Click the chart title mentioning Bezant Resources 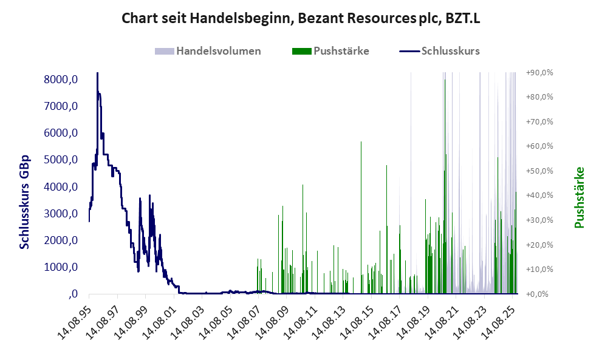301,18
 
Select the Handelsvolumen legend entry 218,51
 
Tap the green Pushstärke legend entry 341,51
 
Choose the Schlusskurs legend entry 450,51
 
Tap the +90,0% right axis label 539,72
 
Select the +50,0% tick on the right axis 539,171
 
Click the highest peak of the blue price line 97,74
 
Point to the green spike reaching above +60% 361,143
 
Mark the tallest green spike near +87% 445,80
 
